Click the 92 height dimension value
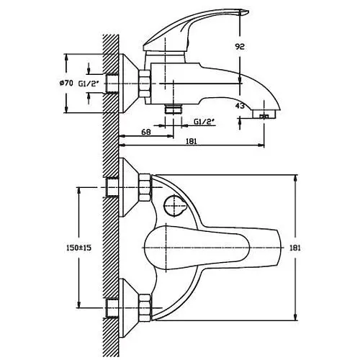pyautogui.click(x=240, y=47)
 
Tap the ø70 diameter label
pyautogui.click(x=66, y=84)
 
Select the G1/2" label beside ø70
pyautogui.click(x=89, y=84)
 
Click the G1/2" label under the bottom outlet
pyautogui.click(x=204, y=122)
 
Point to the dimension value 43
pyautogui.click(x=240, y=106)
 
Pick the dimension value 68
pyautogui.click(x=146, y=132)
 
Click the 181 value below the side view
pyautogui.click(x=192, y=141)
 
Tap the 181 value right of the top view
pyautogui.click(x=295, y=248)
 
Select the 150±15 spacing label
pyautogui.click(x=78, y=248)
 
